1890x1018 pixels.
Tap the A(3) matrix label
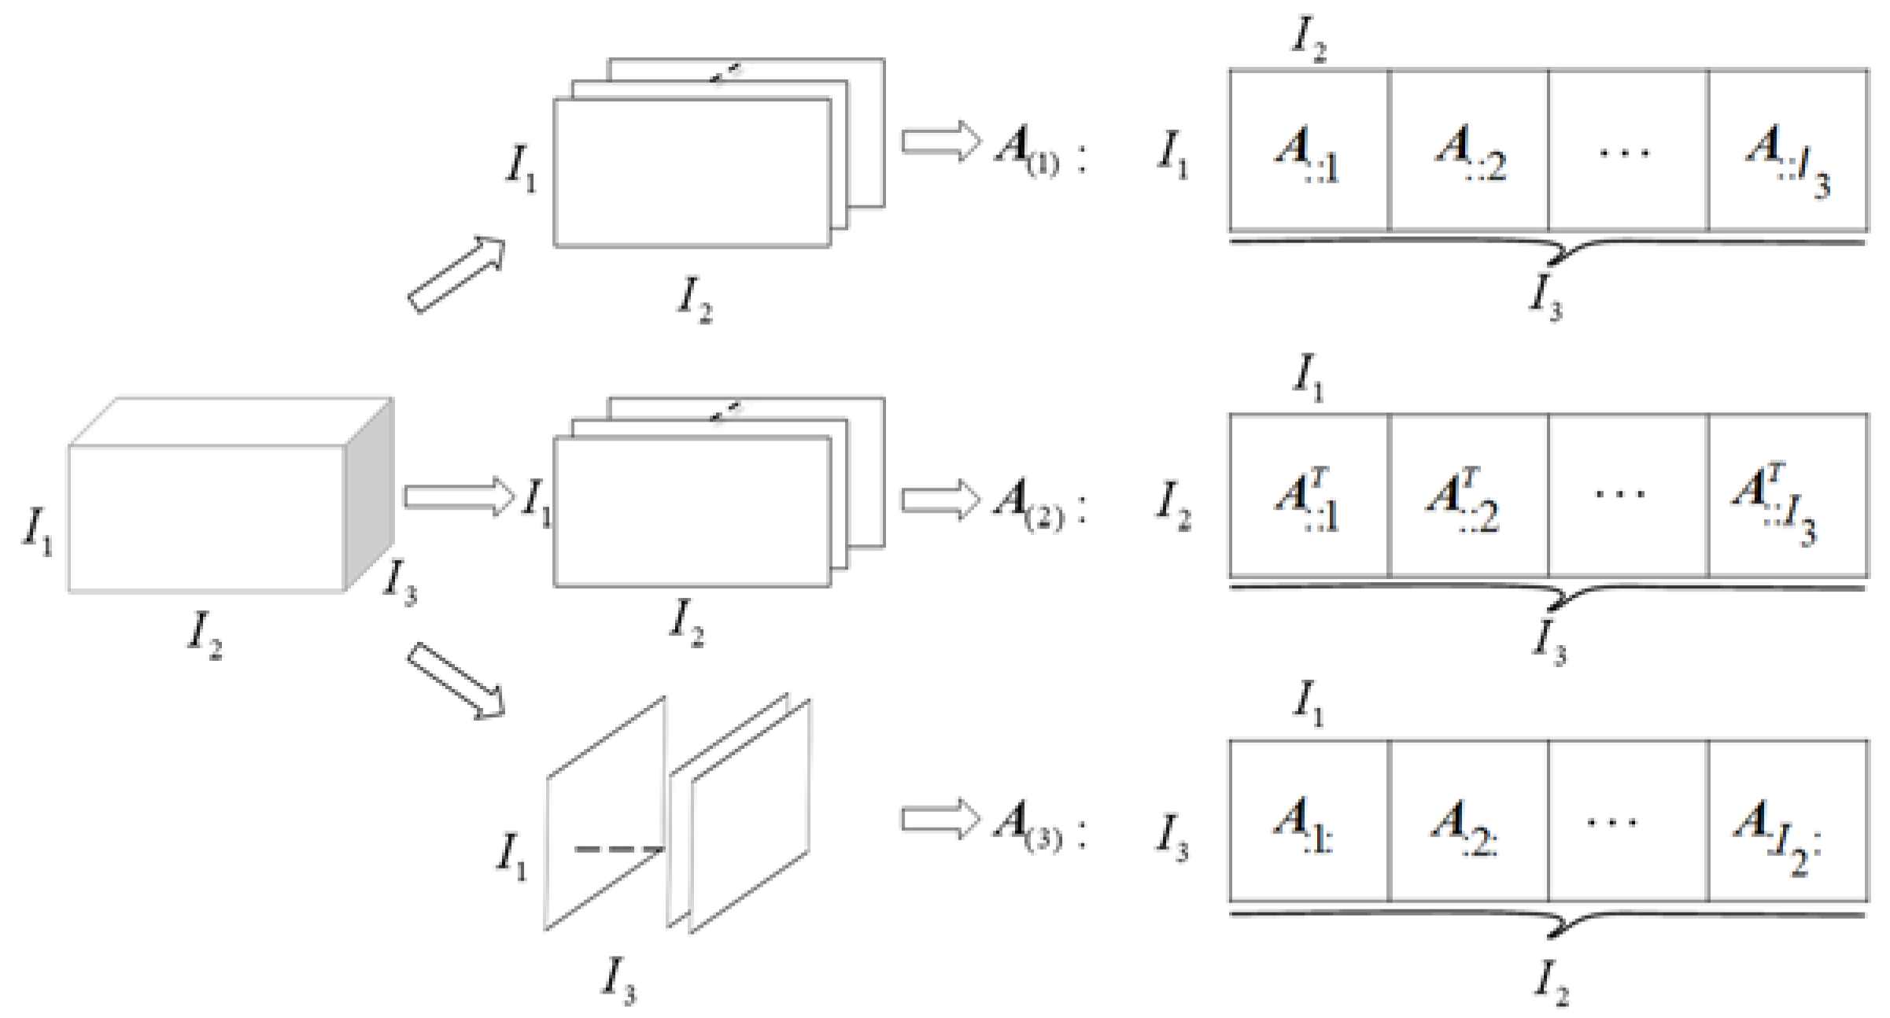[x=1028, y=824]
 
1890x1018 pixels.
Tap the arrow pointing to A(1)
[x=940, y=142]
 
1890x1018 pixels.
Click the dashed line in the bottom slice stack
[x=618, y=849]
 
